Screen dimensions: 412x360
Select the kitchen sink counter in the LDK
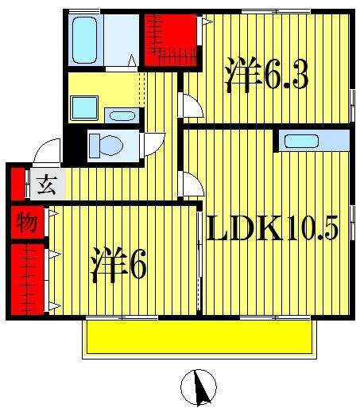(312, 142)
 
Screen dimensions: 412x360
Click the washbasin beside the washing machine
(121, 116)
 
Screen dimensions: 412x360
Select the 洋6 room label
(120, 265)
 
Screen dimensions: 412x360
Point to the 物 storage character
(25, 223)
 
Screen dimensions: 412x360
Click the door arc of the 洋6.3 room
(189, 103)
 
